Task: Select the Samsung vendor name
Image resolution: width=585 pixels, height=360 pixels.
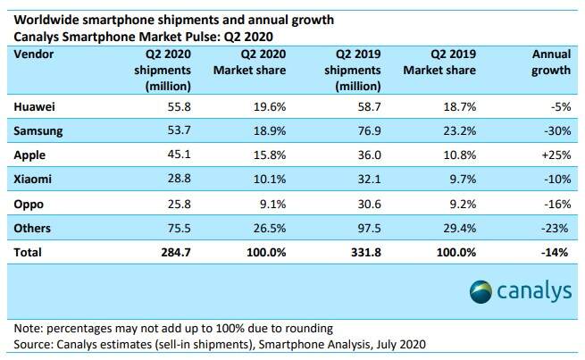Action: coord(38,131)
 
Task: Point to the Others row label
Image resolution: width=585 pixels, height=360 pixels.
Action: coord(33,229)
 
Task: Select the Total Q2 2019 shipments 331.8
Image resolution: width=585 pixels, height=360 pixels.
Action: coord(346,254)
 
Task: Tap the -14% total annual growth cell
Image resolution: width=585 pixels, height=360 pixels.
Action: coord(555,254)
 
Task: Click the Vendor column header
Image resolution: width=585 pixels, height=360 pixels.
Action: coord(35,54)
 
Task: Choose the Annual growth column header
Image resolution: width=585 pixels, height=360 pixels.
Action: coord(550,62)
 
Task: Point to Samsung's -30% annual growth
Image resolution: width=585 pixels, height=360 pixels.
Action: coord(556,131)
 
